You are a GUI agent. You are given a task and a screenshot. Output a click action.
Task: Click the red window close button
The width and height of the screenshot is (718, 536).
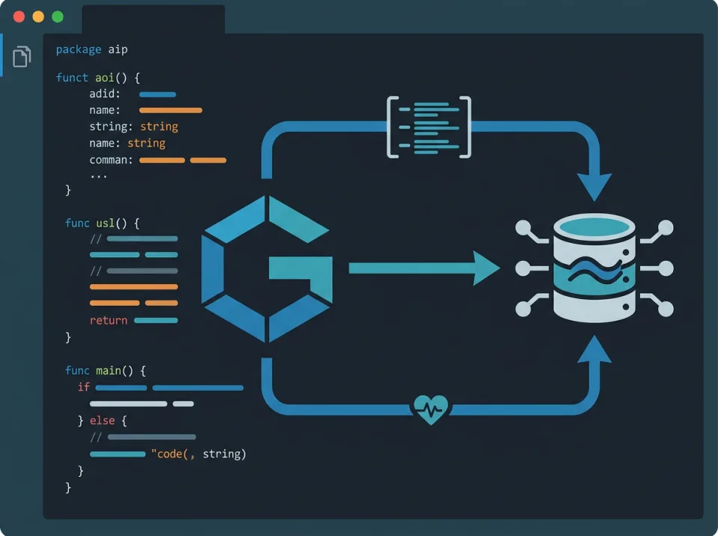point(19,16)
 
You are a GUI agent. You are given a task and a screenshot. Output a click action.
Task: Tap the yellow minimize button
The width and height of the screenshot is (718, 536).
point(38,16)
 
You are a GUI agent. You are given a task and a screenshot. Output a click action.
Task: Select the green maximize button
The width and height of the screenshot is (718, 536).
point(58,16)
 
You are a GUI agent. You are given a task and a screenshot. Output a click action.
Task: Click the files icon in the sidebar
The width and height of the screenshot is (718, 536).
point(22,56)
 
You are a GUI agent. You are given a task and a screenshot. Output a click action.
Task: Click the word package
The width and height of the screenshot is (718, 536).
point(79,49)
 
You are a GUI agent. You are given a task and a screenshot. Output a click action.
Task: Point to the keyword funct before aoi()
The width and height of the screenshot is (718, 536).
point(73,78)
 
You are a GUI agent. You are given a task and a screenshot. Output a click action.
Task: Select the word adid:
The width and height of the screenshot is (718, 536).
point(105,94)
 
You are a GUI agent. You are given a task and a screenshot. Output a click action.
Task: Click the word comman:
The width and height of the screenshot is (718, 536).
point(111,160)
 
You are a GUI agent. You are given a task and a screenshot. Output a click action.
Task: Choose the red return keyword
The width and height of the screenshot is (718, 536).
point(108,321)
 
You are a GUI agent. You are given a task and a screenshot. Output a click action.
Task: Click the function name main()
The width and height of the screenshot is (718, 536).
point(120,371)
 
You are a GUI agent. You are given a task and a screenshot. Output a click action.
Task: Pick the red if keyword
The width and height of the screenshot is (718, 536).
point(84,387)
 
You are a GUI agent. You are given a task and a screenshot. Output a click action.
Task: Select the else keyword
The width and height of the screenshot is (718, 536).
point(102,421)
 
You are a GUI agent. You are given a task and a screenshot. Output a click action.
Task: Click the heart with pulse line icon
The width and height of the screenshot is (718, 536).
point(431,409)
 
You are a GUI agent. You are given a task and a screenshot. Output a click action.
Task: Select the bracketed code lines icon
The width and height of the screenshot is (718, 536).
point(429,126)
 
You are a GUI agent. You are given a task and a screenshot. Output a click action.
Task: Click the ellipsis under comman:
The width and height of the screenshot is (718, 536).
point(98,176)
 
